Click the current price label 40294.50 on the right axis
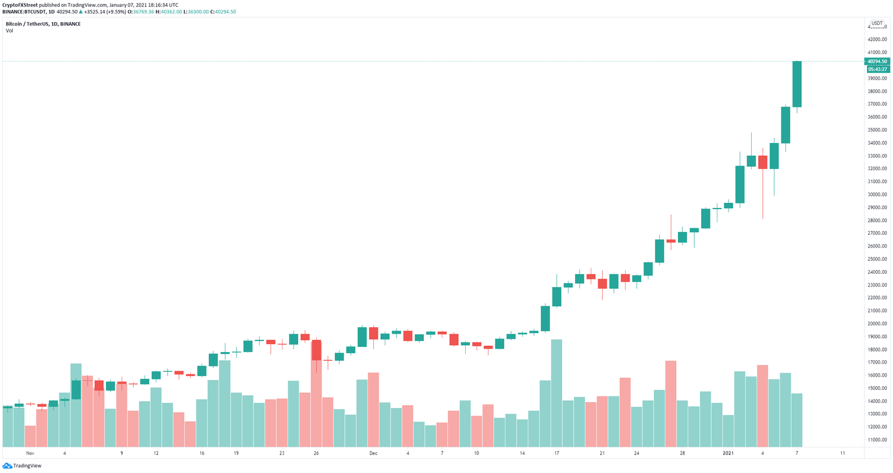877,61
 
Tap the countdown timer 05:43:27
877,69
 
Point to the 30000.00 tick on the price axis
877,195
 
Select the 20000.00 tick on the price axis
877,324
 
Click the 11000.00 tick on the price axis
877,440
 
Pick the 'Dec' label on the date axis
373,453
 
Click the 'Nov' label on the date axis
30,453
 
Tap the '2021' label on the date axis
728,453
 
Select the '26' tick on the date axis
316,453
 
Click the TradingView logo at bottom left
22,465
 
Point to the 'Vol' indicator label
9,31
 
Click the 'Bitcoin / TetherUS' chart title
27,24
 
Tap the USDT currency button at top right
877,23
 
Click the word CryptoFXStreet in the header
20,5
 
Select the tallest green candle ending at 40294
797,84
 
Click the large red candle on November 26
316,350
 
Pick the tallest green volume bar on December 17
556,393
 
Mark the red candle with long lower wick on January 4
763,162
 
